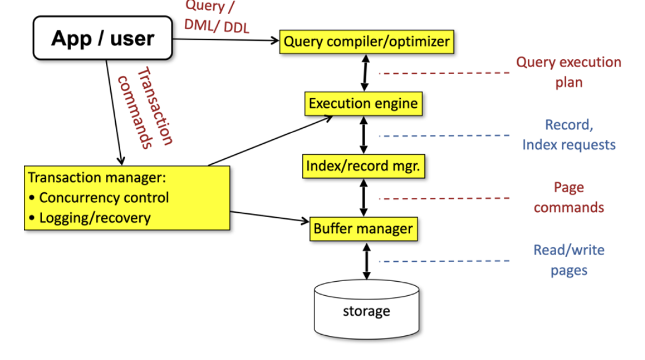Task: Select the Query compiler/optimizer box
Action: pyautogui.click(x=367, y=42)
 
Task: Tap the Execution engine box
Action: pyautogui.click(x=363, y=104)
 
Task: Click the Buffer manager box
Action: pyautogui.click(x=363, y=229)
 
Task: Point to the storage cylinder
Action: pyautogui.click(x=366, y=310)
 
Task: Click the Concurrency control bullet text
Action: pyautogui.click(x=104, y=198)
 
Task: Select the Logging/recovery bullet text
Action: pyautogui.click(x=94, y=218)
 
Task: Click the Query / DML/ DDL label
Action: pyautogui.click(x=216, y=16)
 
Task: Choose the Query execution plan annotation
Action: pyautogui.click(x=568, y=72)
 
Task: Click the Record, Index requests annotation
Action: pyautogui.click(x=569, y=135)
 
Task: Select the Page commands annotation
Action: pyautogui.click(x=568, y=197)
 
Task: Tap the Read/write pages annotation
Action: pyautogui.click(x=569, y=260)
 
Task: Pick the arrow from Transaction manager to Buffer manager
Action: pyautogui.click(x=270, y=216)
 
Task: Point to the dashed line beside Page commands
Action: pyautogui.click(x=444, y=198)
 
